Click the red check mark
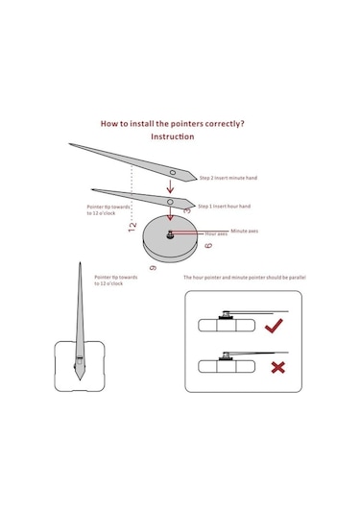point(274,326)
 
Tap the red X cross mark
point(278,367)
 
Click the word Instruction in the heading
point(172,136)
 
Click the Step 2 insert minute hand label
point(228,178)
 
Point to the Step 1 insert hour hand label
point(224,207)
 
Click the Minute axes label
point(245,231)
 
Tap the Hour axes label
point(216,233)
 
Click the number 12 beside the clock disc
point(132,227)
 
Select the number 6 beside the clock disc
point(208,245)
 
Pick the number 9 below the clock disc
point(153,268)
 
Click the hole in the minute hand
point(172,172)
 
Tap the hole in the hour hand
point(170,202)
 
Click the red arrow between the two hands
point(170,186)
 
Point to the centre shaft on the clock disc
point(170,234)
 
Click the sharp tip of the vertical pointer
point(80,262)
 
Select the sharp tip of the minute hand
point(69,143)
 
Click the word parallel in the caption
point(298,278)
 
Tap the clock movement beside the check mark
point(227,325)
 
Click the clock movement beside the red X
point(227,366)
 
